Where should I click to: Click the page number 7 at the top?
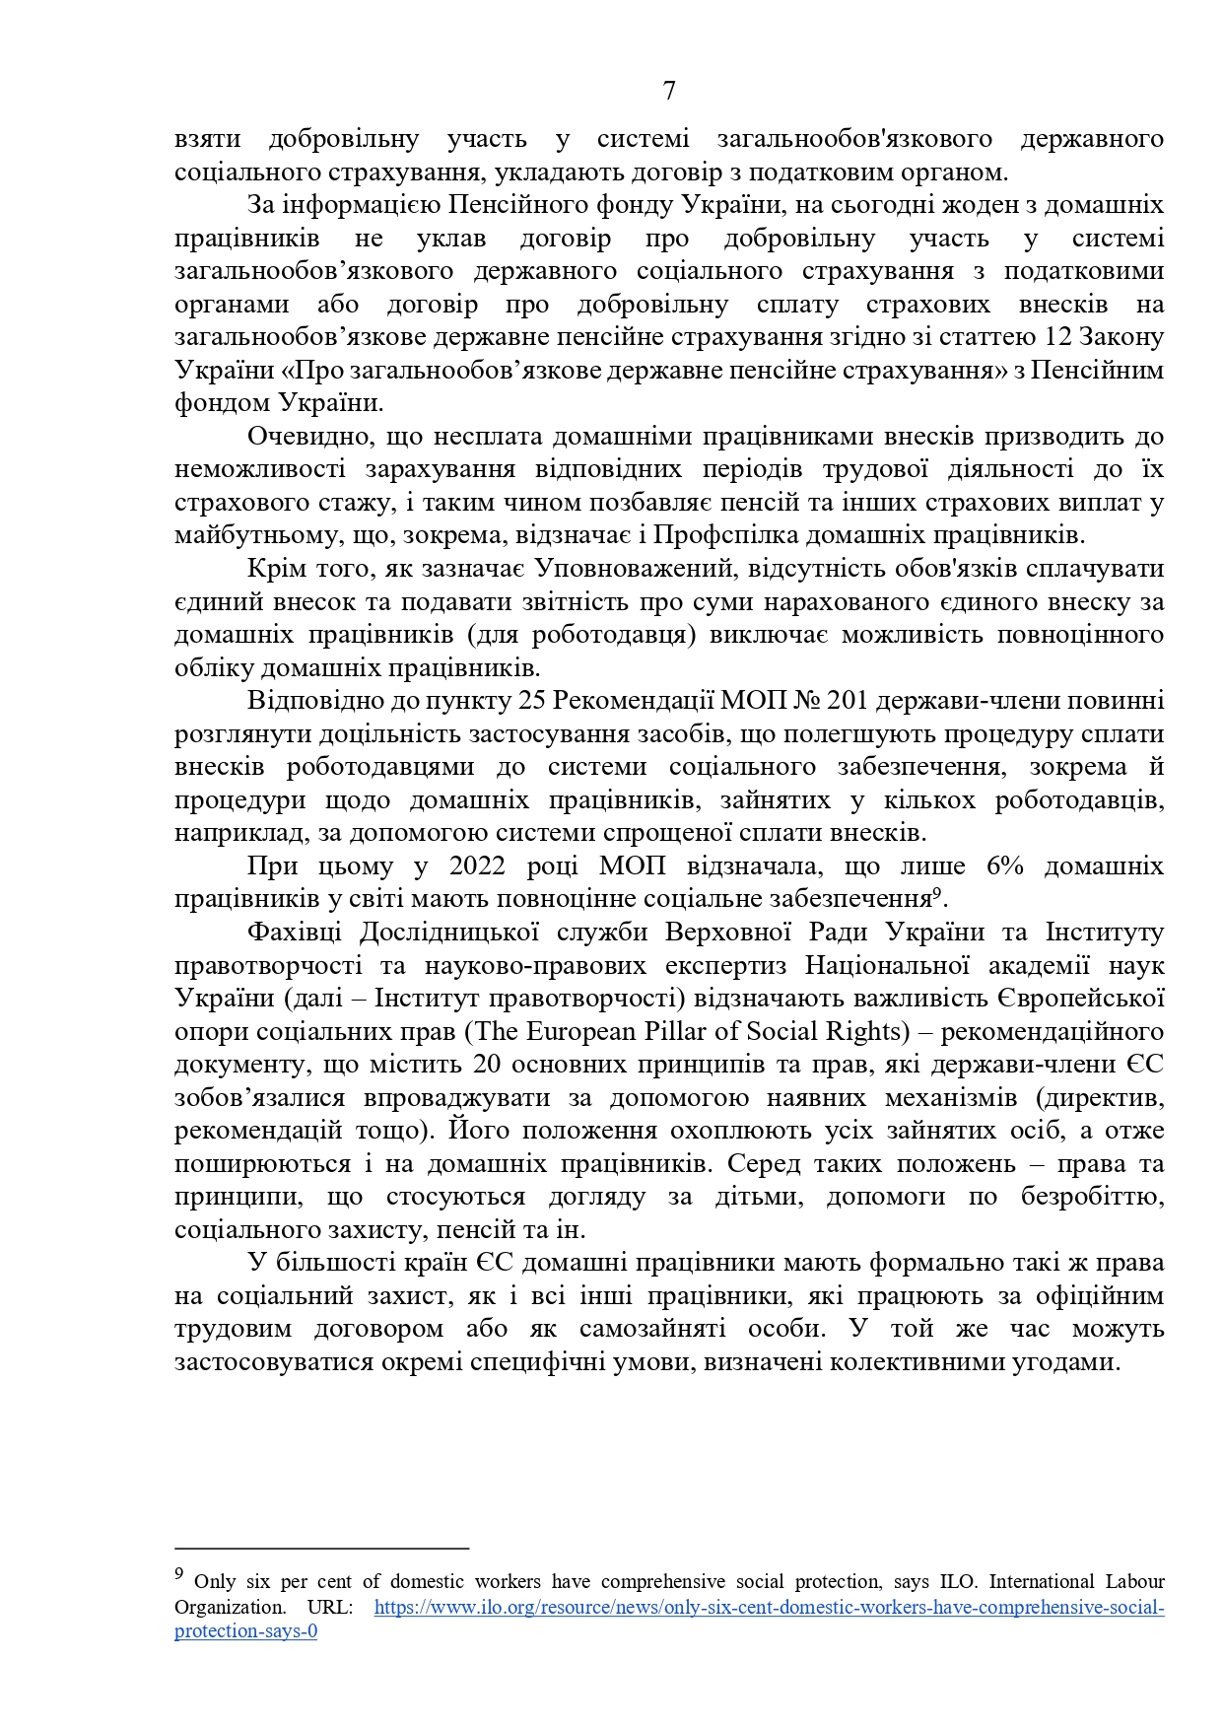pos(669,91)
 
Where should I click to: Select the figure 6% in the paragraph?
pos(1004,866)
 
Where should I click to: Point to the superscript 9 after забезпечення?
pos(936,894)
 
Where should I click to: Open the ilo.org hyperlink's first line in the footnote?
pos(769,1608)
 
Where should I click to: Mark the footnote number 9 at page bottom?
pos(179,1575)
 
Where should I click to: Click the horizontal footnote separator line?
pos(321,1549)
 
